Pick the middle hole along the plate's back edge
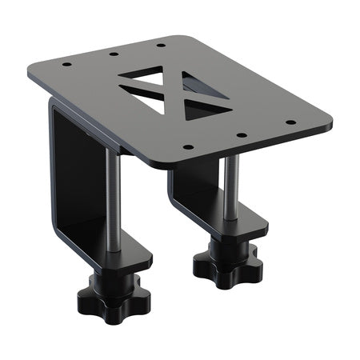114,54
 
